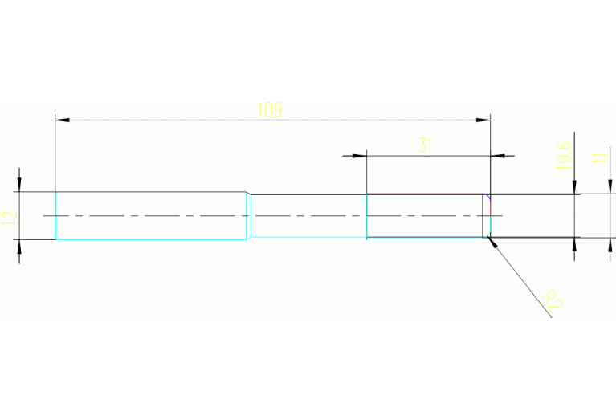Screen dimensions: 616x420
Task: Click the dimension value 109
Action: point(270,110)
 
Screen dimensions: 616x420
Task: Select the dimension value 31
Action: point(426,145)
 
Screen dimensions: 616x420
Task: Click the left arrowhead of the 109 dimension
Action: point(62,120)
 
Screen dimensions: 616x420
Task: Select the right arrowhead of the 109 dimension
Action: point(483,120)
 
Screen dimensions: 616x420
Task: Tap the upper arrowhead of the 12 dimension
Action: point(19,184)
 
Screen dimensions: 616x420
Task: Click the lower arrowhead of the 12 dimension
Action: point(19,247)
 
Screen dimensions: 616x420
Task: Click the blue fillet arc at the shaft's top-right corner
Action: point(486,198)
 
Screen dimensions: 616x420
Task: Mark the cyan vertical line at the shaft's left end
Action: point(55,216)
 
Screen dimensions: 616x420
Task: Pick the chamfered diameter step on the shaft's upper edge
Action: point(249,193)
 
